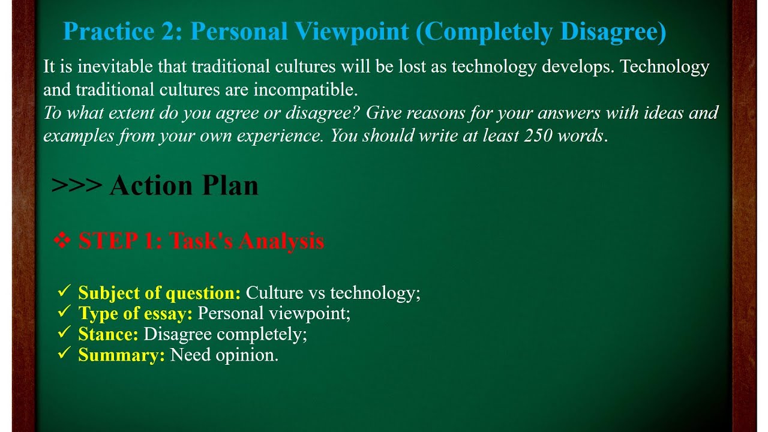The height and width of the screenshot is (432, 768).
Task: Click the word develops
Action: point(578,67)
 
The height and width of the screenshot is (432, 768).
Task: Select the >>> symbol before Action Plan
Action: point(77,185)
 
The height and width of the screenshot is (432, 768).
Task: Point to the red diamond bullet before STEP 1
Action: point(62,241)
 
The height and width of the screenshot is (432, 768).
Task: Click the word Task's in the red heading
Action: point(202,241)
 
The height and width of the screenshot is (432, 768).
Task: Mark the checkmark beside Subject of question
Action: point(64,292)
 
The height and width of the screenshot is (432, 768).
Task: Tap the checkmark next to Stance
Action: point(64,333)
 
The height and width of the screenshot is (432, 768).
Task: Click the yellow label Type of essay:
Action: point(136,313)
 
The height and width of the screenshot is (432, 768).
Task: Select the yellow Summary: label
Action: point(122,355)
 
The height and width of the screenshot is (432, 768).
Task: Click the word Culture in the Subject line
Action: point(275,293)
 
